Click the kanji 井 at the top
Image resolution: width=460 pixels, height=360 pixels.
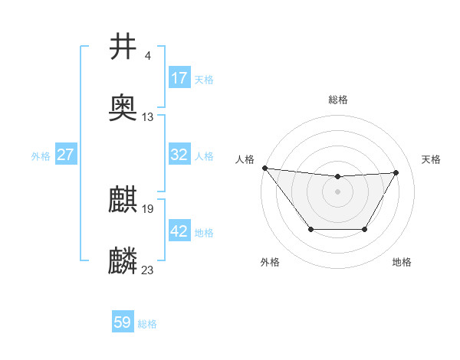tap(123, 47)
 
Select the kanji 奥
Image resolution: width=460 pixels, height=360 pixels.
tap(123, 108)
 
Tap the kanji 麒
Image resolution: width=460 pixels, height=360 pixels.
tap(123, 201)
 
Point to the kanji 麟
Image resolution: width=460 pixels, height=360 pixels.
tap(123, 261)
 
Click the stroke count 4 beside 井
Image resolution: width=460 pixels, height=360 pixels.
tap(147, 56)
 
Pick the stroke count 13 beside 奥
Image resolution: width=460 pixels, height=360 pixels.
tap(148, 117)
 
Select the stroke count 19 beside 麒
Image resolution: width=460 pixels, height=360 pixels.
tap(148, 209)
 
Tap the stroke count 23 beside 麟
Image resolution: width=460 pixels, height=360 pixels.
tap(148, 270)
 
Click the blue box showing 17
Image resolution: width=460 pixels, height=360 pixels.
tap(179, 78)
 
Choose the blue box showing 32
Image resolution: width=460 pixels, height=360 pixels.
tap(179, 155)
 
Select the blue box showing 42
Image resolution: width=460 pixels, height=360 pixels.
tap(179, 231)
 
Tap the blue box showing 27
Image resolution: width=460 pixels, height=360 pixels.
tap(65, 155)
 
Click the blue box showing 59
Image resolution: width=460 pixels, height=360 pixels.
tap(123, 322)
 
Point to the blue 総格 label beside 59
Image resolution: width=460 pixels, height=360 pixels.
tap(147, 324)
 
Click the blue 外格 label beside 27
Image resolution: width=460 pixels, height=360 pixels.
tap(41, 156)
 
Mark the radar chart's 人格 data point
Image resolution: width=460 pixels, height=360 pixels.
tap(264, 168)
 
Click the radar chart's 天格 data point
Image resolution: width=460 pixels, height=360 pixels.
tap(396, 172)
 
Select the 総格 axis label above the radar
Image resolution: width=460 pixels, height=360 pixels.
tap(337, 100)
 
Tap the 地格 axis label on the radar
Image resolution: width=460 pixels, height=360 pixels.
tap(402, 262)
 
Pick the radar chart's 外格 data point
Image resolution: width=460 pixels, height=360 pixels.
tap(310, 229)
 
